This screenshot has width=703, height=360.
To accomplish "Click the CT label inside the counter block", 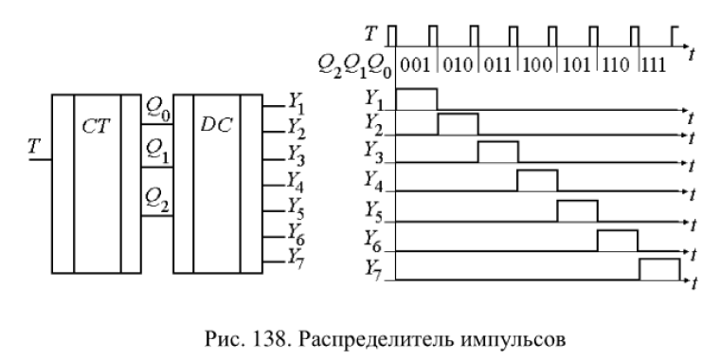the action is (97, 126).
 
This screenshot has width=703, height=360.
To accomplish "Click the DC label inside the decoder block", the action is (217, 126).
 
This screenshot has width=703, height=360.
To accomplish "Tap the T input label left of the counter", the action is (34, 147).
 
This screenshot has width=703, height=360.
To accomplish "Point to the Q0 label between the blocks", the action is (159, 109).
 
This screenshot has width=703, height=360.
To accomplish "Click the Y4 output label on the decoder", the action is (296, 182).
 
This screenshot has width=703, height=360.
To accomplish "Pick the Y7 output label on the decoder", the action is (296, 259).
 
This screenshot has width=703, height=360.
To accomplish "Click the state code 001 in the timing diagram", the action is (414, 66).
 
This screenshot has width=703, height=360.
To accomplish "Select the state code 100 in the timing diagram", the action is (537, 66).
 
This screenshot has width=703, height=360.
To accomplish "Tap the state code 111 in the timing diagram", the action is (653, 66).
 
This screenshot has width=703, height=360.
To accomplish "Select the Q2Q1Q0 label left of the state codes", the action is (354, 67).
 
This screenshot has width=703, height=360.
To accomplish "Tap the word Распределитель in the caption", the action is (377, 340).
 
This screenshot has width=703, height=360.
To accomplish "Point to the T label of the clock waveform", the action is (370, 33).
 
